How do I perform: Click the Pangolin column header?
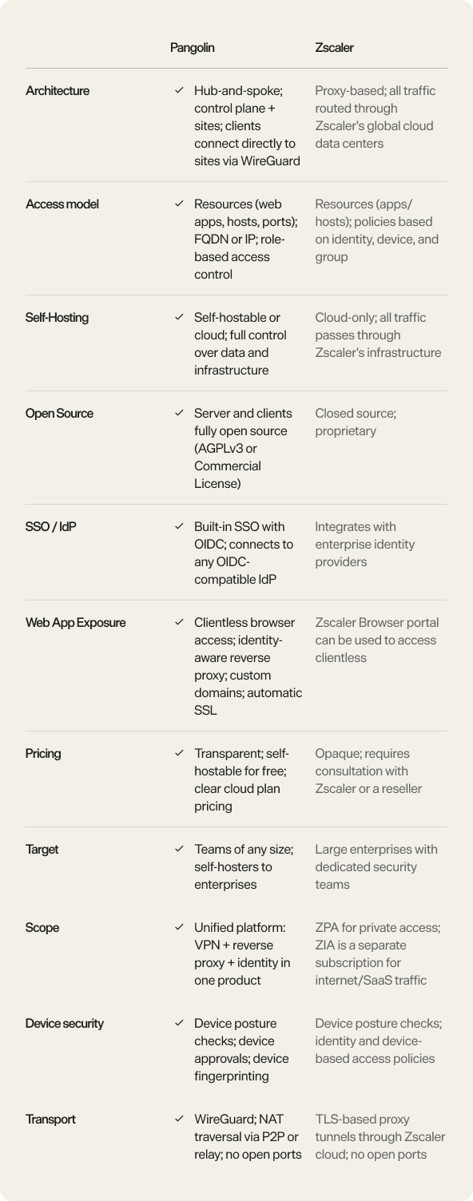click(x=192, y=48)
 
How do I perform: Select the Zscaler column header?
click(x=334, y=48)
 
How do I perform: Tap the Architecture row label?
click(x=58, y=91)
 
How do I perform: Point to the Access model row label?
click(x=62, y=204)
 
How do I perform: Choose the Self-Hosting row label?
click(x=57, y=318)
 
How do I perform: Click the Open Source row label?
click(x=59, y=414)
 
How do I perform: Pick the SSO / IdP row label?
click(x=50, y=527)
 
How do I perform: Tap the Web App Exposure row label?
click(x=75, y=623)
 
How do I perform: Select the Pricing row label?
click(x=43, y=754)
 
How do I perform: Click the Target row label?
click(x=42, y=850)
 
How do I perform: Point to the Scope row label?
click(x=42, y=928)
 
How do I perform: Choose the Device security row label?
click(x=65, y=1024)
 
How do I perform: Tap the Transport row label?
click(x=50, y=1120)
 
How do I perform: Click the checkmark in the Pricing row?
click(x=179, y=754)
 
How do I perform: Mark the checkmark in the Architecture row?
click(x=179, y=91)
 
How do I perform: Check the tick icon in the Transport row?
click(x=179, y=1120)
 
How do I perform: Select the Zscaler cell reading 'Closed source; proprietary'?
click(x=356, y=422)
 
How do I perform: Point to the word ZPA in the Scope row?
click(x=327, y=928)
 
